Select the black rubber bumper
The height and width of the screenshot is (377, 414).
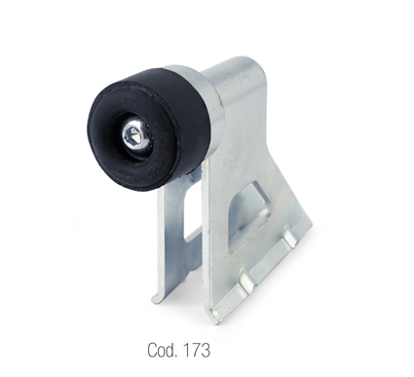148,129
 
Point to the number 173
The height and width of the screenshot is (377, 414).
197,350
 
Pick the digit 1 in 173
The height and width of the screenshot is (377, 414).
187,350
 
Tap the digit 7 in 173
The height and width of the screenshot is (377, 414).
196,350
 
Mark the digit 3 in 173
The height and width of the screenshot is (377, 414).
206,350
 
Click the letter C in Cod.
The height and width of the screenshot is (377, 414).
152,350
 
